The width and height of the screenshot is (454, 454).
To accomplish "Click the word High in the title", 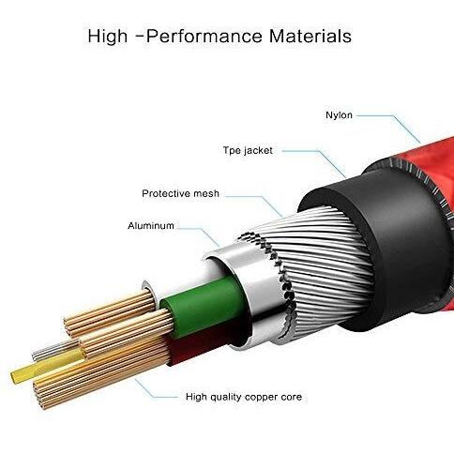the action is click(108, 36).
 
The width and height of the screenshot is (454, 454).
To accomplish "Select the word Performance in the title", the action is click(204, 36).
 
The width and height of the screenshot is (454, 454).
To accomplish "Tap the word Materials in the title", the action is click(310, 36).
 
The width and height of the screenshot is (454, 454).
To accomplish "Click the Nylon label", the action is click(339, 115).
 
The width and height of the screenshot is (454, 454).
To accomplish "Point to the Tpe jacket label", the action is click(248, 150).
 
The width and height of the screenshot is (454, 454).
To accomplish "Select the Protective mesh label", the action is click(180, 193).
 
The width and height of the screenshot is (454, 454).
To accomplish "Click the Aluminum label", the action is click(151, 225).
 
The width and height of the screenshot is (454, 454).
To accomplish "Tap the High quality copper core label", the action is click(244, 397).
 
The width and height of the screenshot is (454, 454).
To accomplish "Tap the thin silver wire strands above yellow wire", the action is click(53, 350).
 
